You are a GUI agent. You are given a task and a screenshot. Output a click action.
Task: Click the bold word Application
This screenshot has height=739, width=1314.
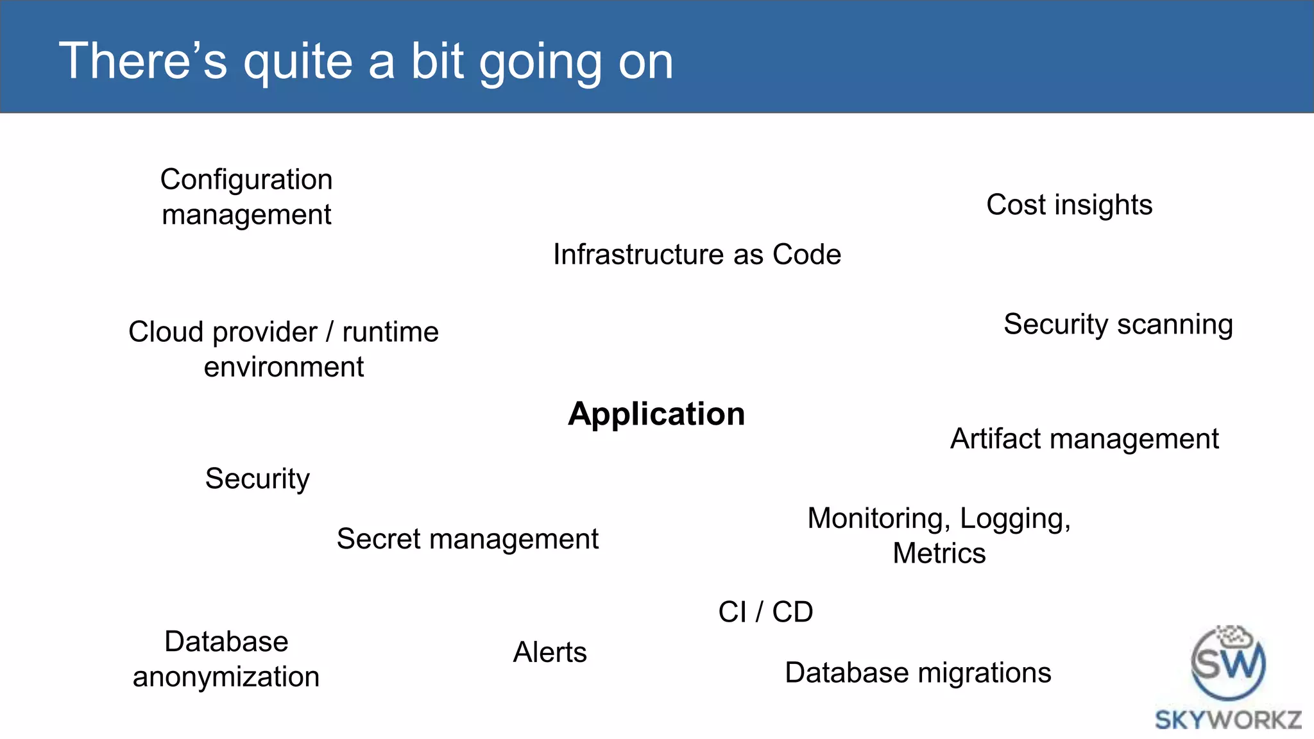tap(656, 414)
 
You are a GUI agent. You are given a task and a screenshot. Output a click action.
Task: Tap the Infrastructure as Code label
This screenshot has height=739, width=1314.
tap(697, 255)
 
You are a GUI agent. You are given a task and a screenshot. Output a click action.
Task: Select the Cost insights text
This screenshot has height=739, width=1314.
tap(1069, 205)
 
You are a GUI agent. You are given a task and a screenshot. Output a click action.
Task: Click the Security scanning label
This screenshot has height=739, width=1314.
tap(1118, 325)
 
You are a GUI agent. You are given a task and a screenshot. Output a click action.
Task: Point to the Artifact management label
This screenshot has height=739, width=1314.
tap(1084, 439)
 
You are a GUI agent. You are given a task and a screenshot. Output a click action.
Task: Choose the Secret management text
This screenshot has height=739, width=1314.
tap(467, 539)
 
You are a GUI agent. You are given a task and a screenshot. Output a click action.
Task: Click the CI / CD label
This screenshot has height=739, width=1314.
tap(765, 612)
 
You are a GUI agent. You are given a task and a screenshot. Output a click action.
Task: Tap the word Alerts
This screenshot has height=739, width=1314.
tap(550, 652)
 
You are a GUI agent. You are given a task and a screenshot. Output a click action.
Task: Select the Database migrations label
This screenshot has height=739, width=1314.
tap(917, 673)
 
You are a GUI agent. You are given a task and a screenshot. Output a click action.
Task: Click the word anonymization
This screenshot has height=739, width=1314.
tap(226, 677)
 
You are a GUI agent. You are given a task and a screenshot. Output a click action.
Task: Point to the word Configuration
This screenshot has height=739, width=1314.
tap(246, 180)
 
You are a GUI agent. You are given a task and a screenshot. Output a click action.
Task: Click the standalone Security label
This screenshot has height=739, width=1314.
tap(257, 479)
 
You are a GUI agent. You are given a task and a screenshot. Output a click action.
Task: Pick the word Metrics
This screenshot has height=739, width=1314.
tap(939, 554)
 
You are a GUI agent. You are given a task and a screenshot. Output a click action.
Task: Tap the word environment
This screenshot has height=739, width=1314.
tap(284, 368)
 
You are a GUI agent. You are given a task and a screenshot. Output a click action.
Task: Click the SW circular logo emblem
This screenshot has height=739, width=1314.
tap(1228, 665)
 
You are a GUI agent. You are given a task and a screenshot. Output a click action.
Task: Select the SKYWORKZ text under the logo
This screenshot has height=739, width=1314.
tap(1228, 720)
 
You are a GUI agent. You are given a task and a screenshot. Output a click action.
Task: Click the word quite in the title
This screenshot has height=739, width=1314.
tap(298, 62)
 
